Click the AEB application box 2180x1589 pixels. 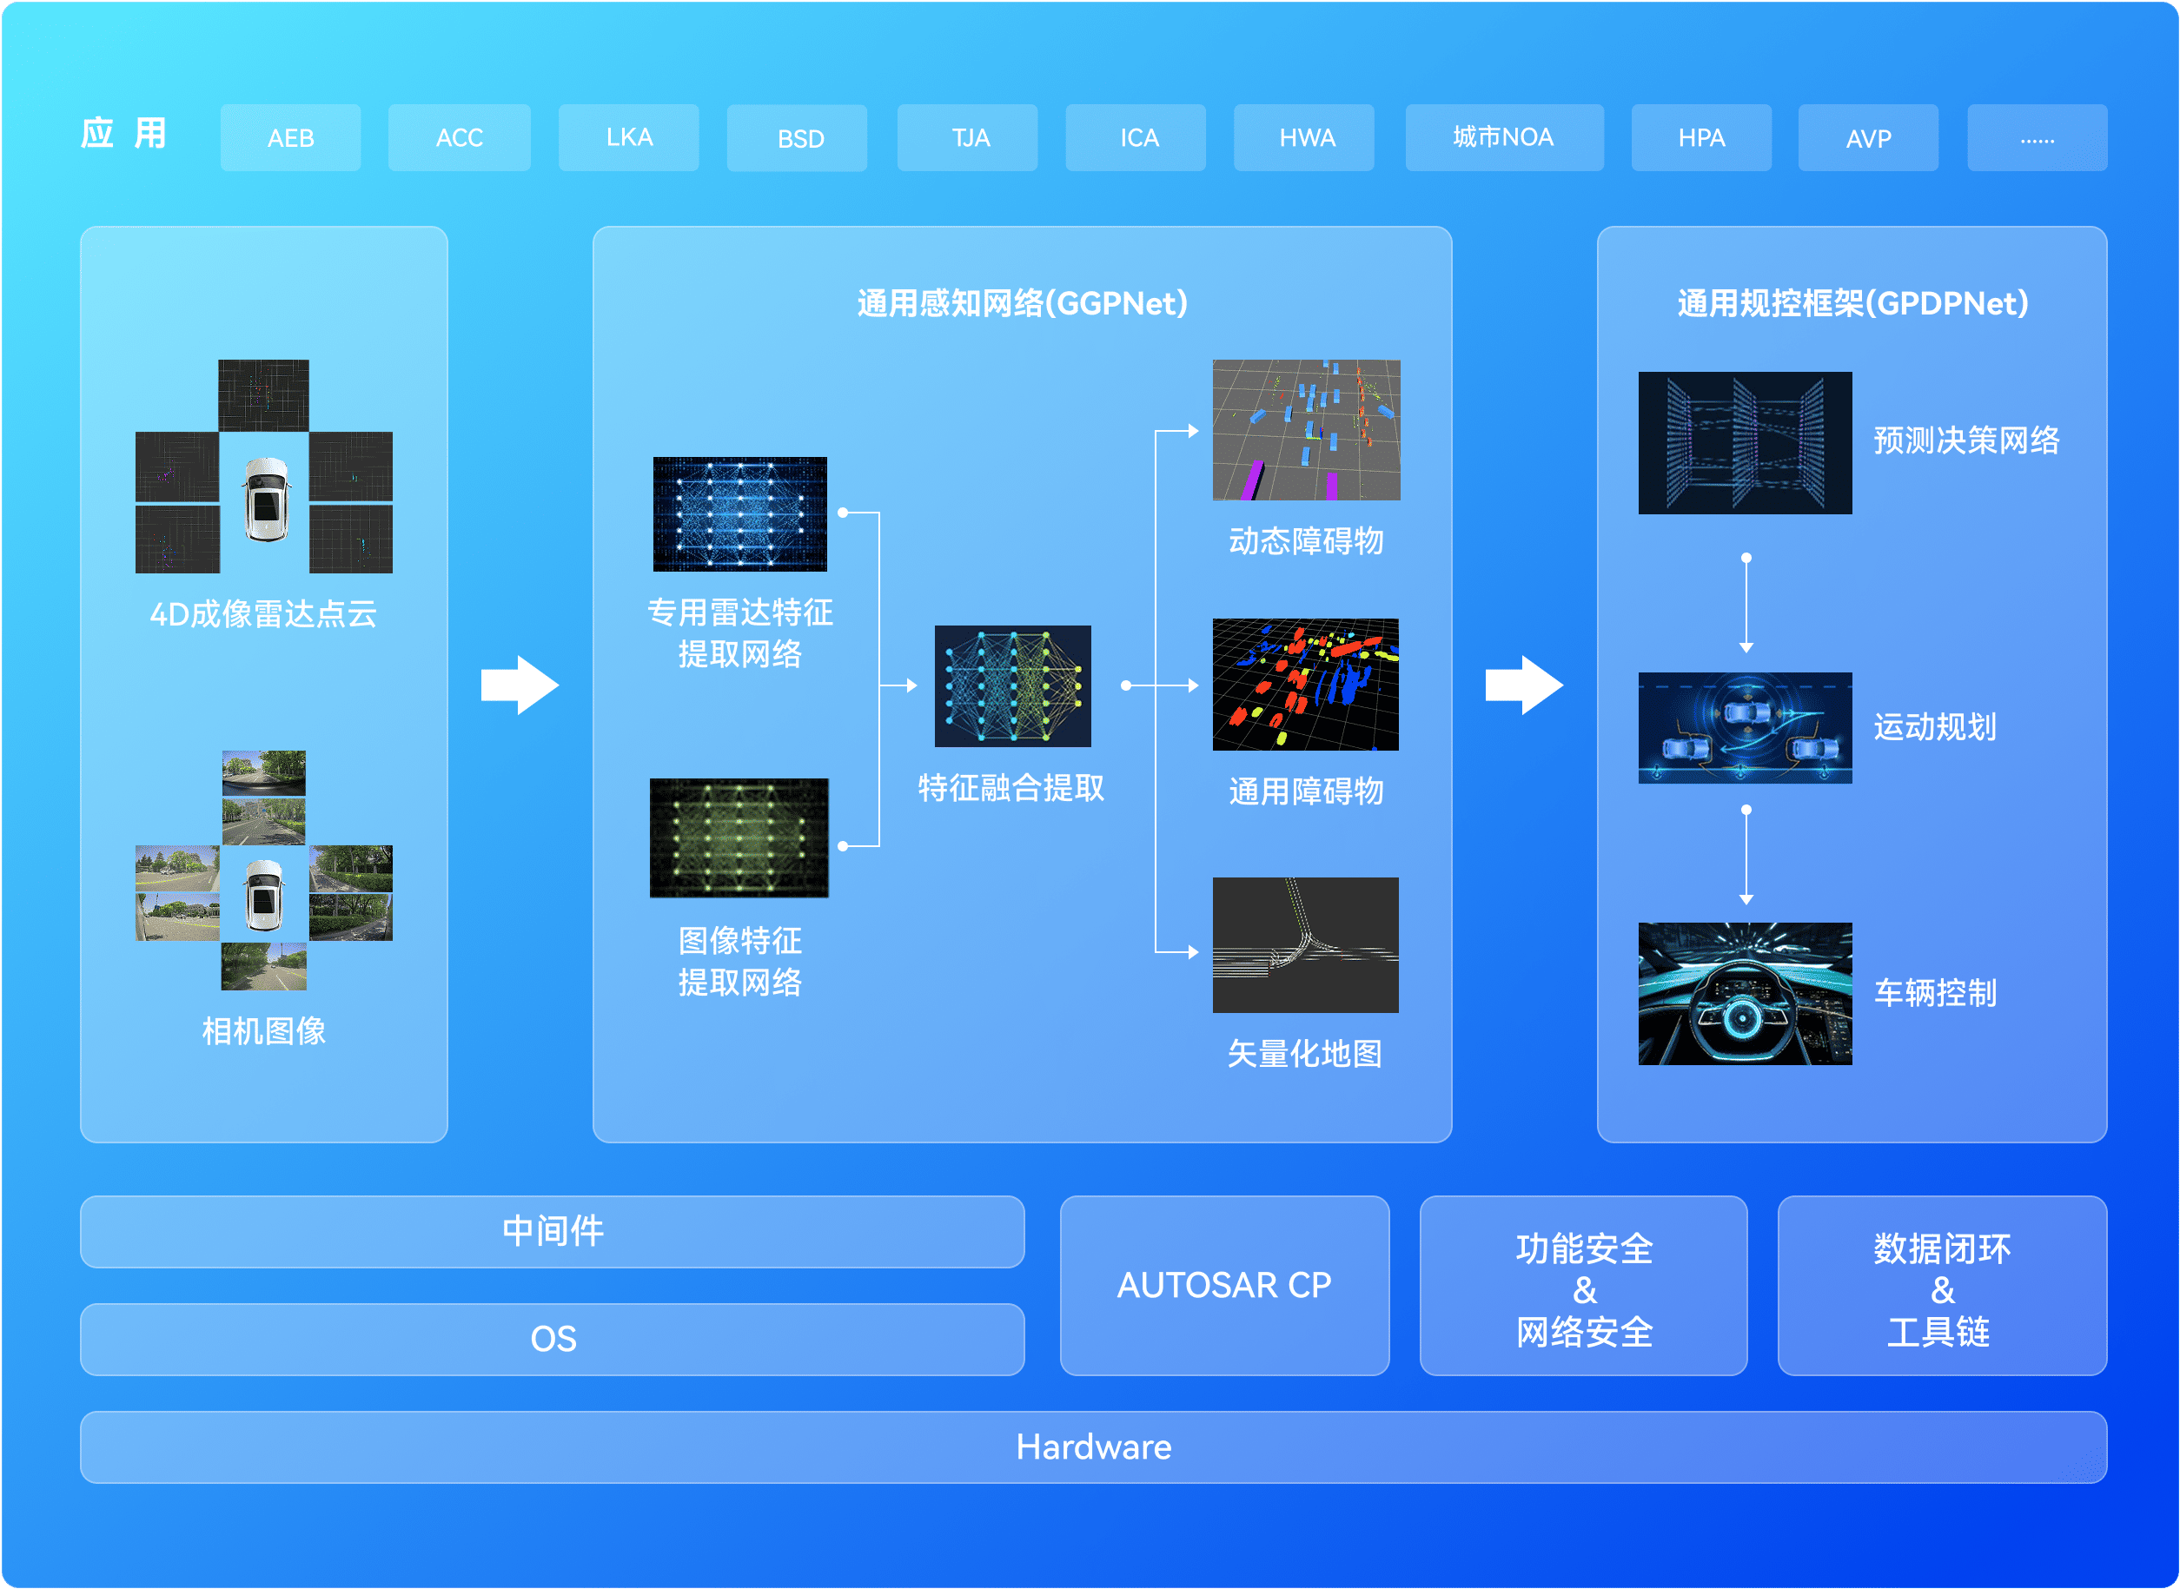pyautogui.click(x=290, y=137)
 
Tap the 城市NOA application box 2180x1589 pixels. pyautogui.click(x=1504, y=137)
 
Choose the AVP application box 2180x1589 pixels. pyautogui.click(x=1867, y=137)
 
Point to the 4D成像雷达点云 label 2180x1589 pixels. pyautogui.click(x=263, y=613)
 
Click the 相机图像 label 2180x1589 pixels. pyautogui.click(x=263, y=1031)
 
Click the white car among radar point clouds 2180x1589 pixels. pyautogui.click(x=266, y=500)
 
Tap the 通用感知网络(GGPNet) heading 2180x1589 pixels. pyautogui.click(x=1022, y=303)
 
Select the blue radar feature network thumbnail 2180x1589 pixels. pyautogui.click(x=739, y=513)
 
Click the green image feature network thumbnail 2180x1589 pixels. pyautogui.click(x=739, y=838)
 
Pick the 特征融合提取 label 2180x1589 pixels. pyautogui.click(x=1011, y=788)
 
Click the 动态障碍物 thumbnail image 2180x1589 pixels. pyautogui.click(x=1306, y=430)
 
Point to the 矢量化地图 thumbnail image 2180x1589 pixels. pyautogui.click(x=1306, y=944)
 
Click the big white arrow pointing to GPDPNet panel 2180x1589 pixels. pyautogui.click(x=1524, y=685)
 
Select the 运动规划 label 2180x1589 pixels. pyautogui.click(x=1935, y=727)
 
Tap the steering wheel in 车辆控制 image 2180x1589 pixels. pyautogui.click(x=1742, y=1017)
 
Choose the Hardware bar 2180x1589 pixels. pyautogui.click(x=1094, y=1447)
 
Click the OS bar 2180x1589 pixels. pyautogui.click(x=553, y=1339)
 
